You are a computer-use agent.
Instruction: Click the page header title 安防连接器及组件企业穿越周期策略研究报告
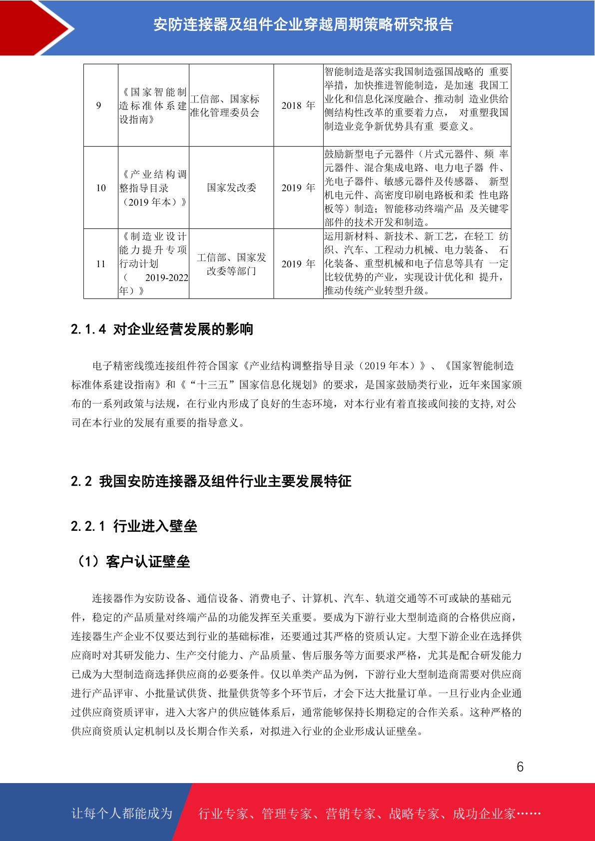click(303, 24)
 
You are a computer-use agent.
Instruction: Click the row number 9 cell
click(99, 105)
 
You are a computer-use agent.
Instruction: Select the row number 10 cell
click(101, 188)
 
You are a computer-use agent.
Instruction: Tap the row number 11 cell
click(101, 264)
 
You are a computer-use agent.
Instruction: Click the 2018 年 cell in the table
click(298, 105)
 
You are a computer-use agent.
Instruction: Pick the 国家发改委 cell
click(231, 188)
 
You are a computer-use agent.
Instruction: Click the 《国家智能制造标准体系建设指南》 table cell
click(153, 106)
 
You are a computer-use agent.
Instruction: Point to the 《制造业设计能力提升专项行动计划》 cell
click(153, 264)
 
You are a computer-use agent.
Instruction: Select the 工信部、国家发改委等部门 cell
click(231, 264)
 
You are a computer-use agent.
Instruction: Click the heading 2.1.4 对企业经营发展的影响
click(162, 329)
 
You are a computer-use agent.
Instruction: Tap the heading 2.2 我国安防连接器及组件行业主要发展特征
click(211, 481)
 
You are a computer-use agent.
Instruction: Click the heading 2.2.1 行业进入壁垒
click(134, 526)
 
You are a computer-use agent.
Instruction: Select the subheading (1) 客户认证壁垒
click(133, 562)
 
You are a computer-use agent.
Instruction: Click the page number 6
click(520, 767)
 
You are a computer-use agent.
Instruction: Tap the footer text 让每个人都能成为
click(122, 814)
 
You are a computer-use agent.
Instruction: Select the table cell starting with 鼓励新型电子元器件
click(416, 188)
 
